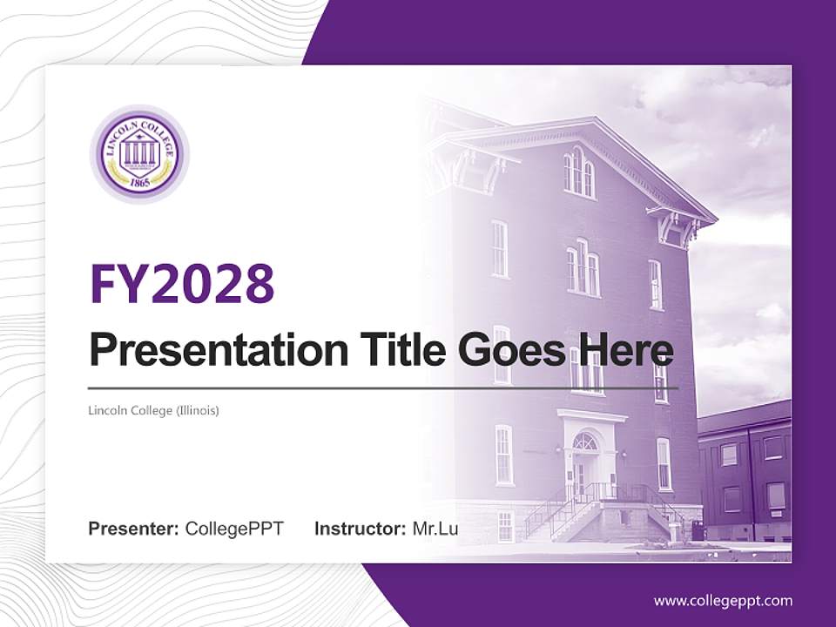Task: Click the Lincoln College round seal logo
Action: [x=139, y=155]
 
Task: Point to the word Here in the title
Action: [x=622, y=351]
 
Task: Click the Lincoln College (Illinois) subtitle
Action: [x=153, y=409]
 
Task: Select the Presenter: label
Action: [x=134, y=529]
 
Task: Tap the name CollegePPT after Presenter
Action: [x=234, y=529]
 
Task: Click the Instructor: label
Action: [x=360, y=529]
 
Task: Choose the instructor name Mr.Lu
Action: [x=436, y=529]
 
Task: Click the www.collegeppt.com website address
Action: [x=723, y=600]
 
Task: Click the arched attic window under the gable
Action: [x=577, y=172]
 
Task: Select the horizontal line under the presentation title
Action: [x=382, y=388]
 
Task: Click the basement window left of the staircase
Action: [x=505, y=525]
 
